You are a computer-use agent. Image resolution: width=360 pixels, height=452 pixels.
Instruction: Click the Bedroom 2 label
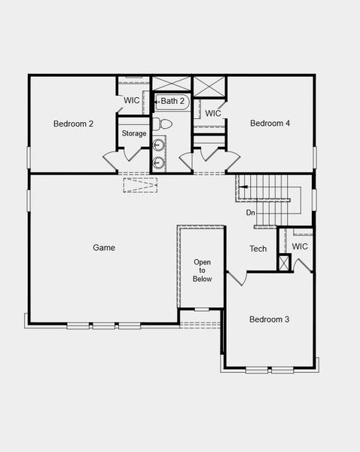(x=73, y=124)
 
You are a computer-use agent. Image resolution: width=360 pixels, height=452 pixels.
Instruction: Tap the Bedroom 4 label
(x=270, y=124)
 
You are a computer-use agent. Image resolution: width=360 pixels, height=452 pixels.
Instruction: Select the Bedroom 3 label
(x=270, y=319)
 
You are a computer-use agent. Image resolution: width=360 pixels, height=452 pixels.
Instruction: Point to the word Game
(x=104, y=247)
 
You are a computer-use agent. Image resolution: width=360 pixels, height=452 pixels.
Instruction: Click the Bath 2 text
(x=172, y=101)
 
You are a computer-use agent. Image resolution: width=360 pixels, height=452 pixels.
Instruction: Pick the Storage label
(x=134, y=134)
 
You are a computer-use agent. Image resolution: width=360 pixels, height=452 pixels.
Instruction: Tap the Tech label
(x=258, y=249)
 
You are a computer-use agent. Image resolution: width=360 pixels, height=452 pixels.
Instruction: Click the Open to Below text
(x=203, y=270)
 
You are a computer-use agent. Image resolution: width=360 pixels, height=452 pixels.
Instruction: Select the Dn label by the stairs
(x=250, y=213)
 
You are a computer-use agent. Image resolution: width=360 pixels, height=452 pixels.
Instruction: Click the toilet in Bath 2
(x=159, y=124)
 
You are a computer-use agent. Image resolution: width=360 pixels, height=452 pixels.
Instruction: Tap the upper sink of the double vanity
(x=159, y=144)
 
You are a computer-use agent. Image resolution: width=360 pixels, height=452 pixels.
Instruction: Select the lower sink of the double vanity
(x=159, y=161)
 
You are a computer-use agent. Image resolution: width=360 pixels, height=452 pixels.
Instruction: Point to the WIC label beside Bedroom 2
(x=132, y=100)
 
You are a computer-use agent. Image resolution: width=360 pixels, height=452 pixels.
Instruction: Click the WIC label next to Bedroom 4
(x=213, y=114)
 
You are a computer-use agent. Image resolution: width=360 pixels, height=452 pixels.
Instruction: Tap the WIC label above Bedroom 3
(x=300, y=246)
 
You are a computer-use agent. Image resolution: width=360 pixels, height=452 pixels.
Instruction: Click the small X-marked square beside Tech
(x=283, y=263)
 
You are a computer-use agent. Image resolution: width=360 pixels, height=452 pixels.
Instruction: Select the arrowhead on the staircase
(x=243, y=188)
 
